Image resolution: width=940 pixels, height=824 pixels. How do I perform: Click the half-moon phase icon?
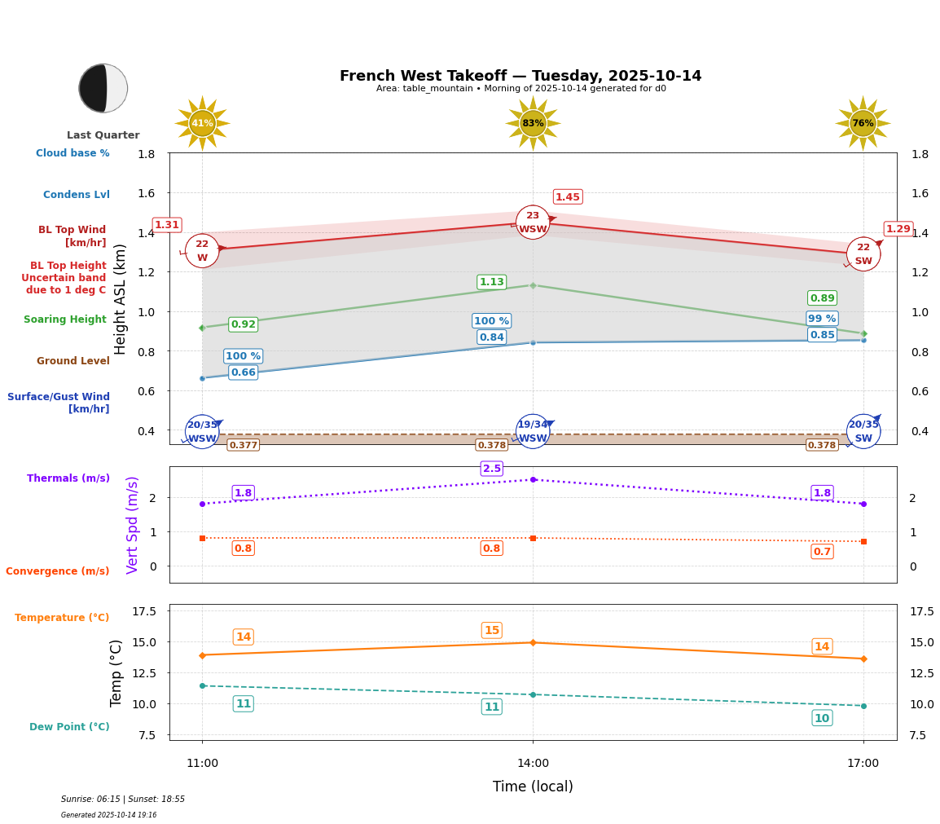[x=103, y=88]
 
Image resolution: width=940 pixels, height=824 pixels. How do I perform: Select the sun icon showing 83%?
[x=533, y=123]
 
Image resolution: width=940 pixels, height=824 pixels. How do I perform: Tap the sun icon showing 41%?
[x=202, y=123]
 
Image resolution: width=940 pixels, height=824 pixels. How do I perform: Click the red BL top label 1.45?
[x=568, y=197]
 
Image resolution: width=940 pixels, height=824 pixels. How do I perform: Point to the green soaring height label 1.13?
[x=492, y=282]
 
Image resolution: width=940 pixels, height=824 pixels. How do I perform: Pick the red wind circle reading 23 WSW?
[x=533, y=223]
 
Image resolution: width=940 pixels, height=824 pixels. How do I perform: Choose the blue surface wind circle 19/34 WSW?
[x=533, y=431]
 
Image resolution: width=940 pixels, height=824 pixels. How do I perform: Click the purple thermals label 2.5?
[x=492, y=469]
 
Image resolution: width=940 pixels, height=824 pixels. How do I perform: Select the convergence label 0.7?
[x=822, y=552]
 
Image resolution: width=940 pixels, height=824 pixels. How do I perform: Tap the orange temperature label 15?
[x=492, y=630]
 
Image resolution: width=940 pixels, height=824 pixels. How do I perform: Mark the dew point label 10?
[x=822, y=718]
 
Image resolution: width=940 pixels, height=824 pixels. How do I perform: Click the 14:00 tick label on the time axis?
[x=533, y=764]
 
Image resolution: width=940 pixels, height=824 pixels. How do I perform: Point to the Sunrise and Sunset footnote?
[x=123, y=800]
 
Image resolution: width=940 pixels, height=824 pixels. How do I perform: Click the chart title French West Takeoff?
[x=521, y=76]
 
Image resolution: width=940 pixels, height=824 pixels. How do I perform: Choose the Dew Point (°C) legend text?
[x=69, y=727]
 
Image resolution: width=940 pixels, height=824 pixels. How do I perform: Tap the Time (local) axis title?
[x=533, y=787]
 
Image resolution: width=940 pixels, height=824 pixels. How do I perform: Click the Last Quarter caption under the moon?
[x=103, y=135]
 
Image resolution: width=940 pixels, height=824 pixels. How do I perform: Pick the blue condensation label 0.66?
[x=244, y=372]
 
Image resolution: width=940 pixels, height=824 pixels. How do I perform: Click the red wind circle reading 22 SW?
[x=863, y=253]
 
